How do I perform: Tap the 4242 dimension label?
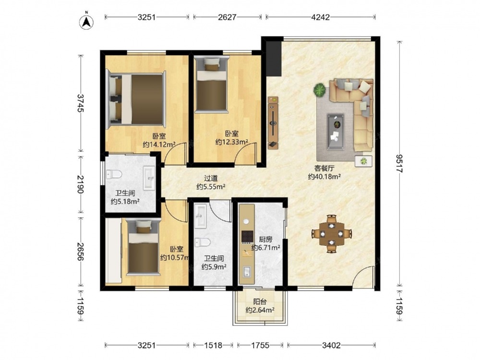[320, 17]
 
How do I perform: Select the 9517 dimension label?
[399, 164]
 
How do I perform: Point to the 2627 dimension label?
[227, 17]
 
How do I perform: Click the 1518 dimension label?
[214, 345]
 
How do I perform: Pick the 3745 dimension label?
[80, 103]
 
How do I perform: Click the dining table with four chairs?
[332, 234]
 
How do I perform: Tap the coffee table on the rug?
[335, 132]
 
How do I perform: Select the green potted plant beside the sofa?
[320, 90]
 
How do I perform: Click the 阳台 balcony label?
[260, 301]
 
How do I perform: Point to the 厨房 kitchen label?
[265, 239]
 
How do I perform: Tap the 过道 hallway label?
[211, 178]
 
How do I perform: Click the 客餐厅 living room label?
[324, 168]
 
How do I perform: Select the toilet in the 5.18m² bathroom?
[114, 175]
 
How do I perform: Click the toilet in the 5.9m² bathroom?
[203, 242]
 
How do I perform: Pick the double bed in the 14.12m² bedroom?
[136, 99]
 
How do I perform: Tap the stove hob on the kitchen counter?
[247, 236]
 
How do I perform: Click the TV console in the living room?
[273, 123]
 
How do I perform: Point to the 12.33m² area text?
[231, 142]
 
